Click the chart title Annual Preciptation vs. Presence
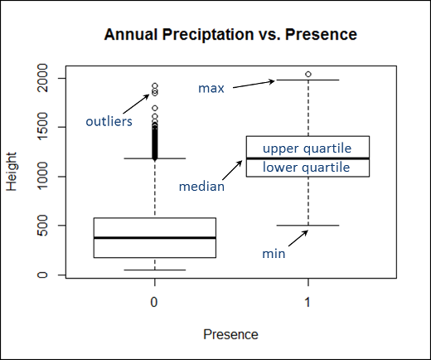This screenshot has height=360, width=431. point(230,35)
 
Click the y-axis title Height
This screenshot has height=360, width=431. point(12,173)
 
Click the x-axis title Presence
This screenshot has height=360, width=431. point(230,334)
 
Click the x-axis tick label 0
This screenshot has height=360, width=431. point(154,303)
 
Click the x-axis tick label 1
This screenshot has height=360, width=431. point(308,303)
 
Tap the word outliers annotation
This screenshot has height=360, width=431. point(109,123)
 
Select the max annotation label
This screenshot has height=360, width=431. point(211,88)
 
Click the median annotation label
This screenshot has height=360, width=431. point(202,187)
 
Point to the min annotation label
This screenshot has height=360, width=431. point(274,254)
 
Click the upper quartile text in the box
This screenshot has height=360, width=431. point(308,148)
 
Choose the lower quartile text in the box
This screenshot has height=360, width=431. point(308,168)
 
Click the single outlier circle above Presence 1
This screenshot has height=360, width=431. point(308,74)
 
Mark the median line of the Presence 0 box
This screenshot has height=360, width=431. point(155,237)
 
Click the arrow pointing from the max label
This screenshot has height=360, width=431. point(253,84)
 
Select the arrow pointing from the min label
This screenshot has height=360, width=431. point(295,239)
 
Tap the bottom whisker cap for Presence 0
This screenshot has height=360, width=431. point(155,270)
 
